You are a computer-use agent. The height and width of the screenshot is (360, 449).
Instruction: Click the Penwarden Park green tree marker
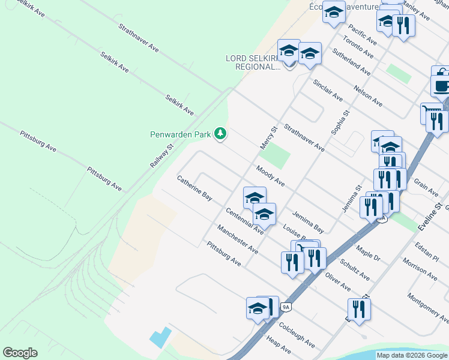click(x=221, y=133)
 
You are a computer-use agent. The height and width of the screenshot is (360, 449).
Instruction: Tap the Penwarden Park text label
click(x=180, y=134)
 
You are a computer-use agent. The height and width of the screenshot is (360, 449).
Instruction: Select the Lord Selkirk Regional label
click(x=253, y=62)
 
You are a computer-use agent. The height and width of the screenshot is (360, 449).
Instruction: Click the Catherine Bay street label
click(x=194, y=188)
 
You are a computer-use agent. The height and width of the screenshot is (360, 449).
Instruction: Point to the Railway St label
click(x=161, y=155)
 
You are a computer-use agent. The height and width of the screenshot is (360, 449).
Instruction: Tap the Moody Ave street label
click(x=270, y=176)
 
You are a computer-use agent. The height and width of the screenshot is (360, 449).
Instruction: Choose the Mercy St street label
click(x=267, y=137)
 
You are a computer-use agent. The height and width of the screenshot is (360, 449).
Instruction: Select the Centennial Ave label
click(x=244, y=221)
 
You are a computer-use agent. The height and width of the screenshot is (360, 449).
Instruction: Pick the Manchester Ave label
click(x=238, y=238)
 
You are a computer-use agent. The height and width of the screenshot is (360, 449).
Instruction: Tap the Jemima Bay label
click(x=308, y=222)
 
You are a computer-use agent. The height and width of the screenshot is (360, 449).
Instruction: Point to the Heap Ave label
click(x=279, y=345)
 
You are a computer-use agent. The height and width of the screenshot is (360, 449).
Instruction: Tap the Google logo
click(x=20, y=353)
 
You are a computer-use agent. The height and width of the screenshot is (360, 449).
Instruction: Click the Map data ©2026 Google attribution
click(x=412, y=355)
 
